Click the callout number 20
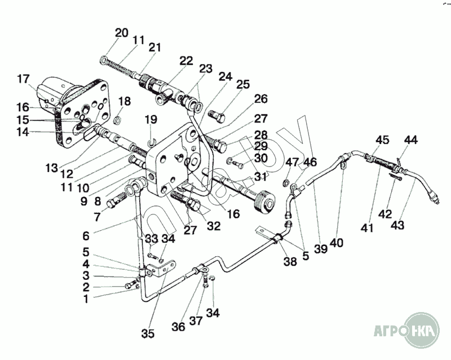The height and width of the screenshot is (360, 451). pos(122,32)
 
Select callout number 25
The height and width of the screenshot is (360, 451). pos(243,85)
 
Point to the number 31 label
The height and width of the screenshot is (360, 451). pos(259,176)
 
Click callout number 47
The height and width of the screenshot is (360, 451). pos(291,163)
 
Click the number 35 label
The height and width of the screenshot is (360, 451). pos(148,333)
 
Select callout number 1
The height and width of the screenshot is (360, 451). pos(86,299)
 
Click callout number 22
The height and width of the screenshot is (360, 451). pos(186,60)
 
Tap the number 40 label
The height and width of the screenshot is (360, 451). pos(337,243)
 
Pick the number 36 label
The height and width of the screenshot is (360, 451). pos(178,326)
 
